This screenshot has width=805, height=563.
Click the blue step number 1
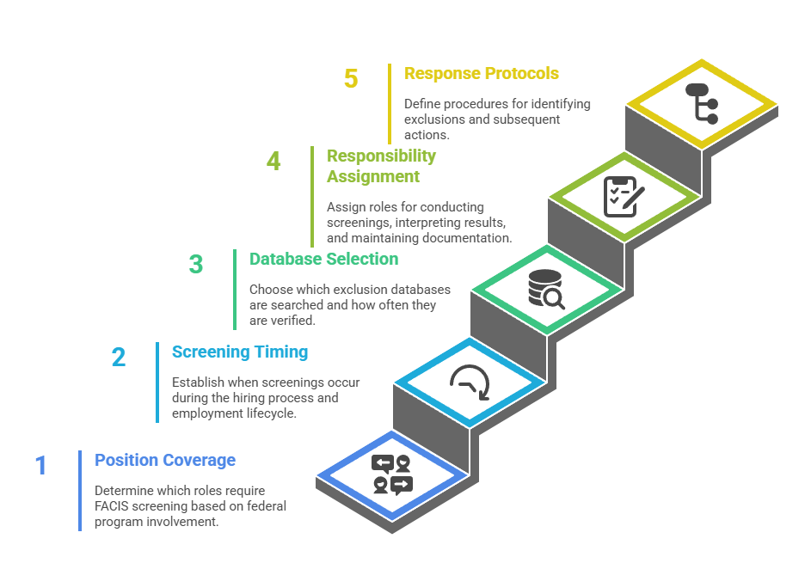40,466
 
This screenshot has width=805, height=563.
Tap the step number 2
119,357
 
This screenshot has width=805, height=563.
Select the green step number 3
196,264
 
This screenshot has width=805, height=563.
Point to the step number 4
273,161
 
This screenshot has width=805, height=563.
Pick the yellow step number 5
350,79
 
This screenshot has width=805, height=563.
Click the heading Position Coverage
165,460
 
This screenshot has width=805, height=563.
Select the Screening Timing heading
239,352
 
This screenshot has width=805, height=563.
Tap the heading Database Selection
323,259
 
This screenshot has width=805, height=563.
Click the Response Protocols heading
481,74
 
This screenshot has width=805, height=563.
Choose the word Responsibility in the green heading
381,156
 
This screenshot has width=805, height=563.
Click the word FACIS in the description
114,506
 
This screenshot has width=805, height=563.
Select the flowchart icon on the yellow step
701,103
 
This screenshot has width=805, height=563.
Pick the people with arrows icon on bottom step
392,474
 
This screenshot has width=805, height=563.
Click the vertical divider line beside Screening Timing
157,382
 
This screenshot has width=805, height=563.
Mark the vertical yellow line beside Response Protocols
390,103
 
